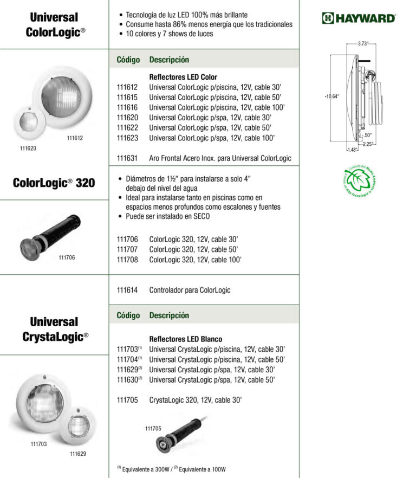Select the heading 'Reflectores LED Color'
183,77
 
